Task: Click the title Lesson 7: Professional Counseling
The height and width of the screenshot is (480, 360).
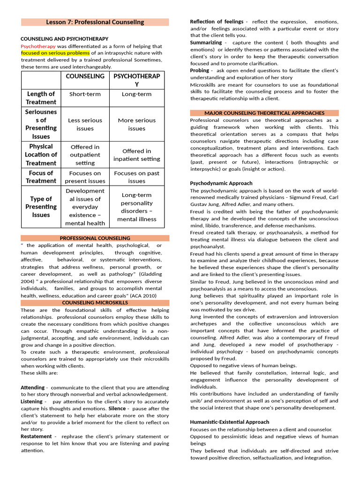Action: point(95,22)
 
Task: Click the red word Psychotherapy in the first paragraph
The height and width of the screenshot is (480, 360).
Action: point(38,46)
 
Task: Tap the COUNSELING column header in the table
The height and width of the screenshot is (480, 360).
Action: point(85,76)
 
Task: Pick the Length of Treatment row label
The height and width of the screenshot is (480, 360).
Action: point(41,98)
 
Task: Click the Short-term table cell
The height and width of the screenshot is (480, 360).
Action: point(85,94)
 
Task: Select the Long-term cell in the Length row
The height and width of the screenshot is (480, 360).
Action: point(136,94)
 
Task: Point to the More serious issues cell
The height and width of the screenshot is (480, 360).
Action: point(136,124)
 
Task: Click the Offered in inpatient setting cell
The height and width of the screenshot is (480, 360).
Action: point(136,155)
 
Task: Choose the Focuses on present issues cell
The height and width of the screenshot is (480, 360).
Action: point(85,177)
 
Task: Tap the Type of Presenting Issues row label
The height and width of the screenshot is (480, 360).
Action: point(41,207)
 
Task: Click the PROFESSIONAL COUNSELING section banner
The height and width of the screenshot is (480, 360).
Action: point(95,238)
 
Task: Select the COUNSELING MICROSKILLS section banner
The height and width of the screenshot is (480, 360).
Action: point(95,303)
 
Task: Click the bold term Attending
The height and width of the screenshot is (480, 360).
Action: point(32,388)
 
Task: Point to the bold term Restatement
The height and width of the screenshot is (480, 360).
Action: point(36,436)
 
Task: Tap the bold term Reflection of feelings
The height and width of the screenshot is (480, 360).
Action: point(216,22)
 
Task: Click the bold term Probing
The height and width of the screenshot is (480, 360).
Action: point(199,70)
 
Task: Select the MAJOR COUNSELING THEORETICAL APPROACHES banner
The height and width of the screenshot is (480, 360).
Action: point(264,113)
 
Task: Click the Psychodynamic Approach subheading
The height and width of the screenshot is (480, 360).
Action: point(221,183)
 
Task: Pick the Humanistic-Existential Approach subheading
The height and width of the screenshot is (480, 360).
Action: point(229,422)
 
